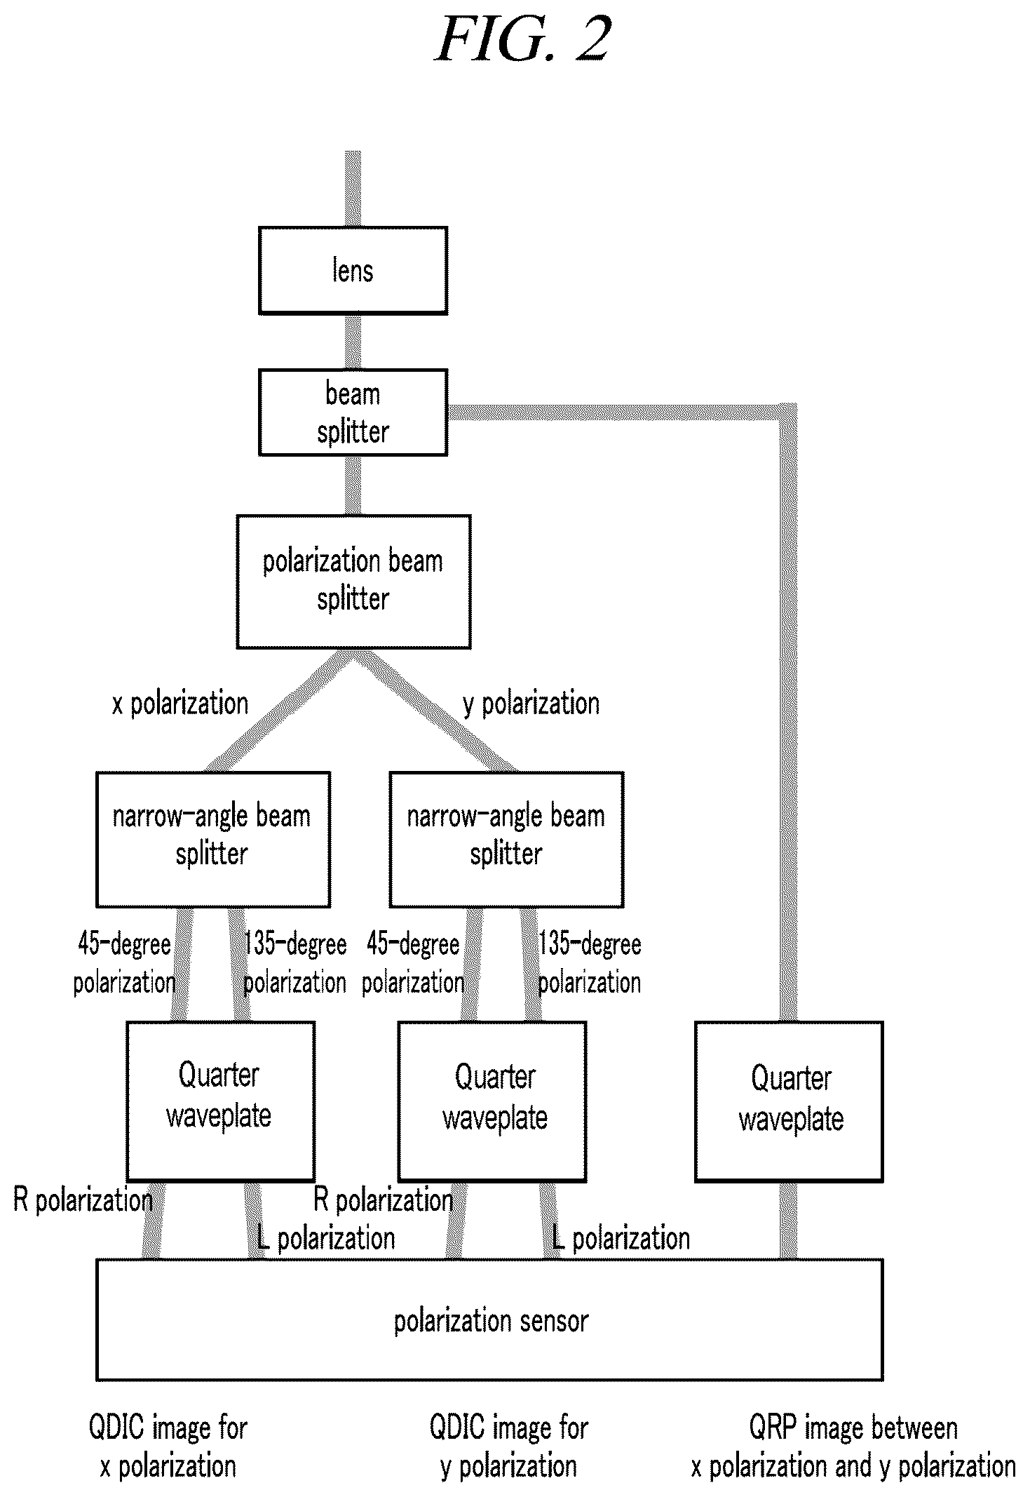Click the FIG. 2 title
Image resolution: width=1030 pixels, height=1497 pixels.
[523, 39]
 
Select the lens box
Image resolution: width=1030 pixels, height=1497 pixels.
[353, 270]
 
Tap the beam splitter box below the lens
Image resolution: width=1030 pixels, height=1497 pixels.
[353, 412]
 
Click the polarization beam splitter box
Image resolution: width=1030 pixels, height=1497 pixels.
[353, 582]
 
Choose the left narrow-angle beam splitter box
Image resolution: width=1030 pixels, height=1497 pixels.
[213, 840]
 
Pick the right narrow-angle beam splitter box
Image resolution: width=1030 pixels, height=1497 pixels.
[506, 840]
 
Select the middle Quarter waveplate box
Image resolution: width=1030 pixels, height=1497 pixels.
[492, 1101]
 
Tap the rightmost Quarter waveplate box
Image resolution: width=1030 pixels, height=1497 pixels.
[789, 1101]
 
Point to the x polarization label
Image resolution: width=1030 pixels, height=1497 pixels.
[180, 704]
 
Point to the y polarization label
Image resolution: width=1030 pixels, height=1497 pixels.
[531, 704]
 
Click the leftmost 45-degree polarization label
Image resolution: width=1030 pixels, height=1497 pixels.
[125, 963]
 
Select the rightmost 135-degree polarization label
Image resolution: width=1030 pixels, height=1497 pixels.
[590, 963]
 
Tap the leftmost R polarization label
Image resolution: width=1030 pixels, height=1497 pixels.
[83, 1200]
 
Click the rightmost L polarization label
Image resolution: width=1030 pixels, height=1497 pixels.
[621, 1239]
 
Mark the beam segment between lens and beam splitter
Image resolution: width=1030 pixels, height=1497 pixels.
[353, 342]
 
